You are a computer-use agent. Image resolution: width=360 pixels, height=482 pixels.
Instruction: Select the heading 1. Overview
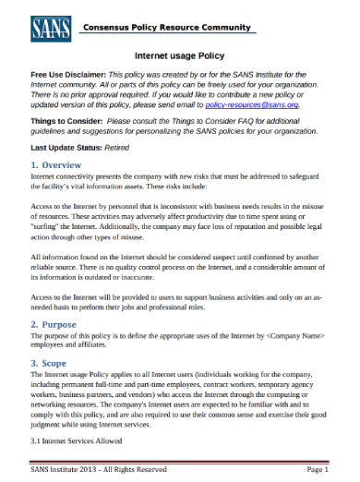(x=62, y=164)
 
